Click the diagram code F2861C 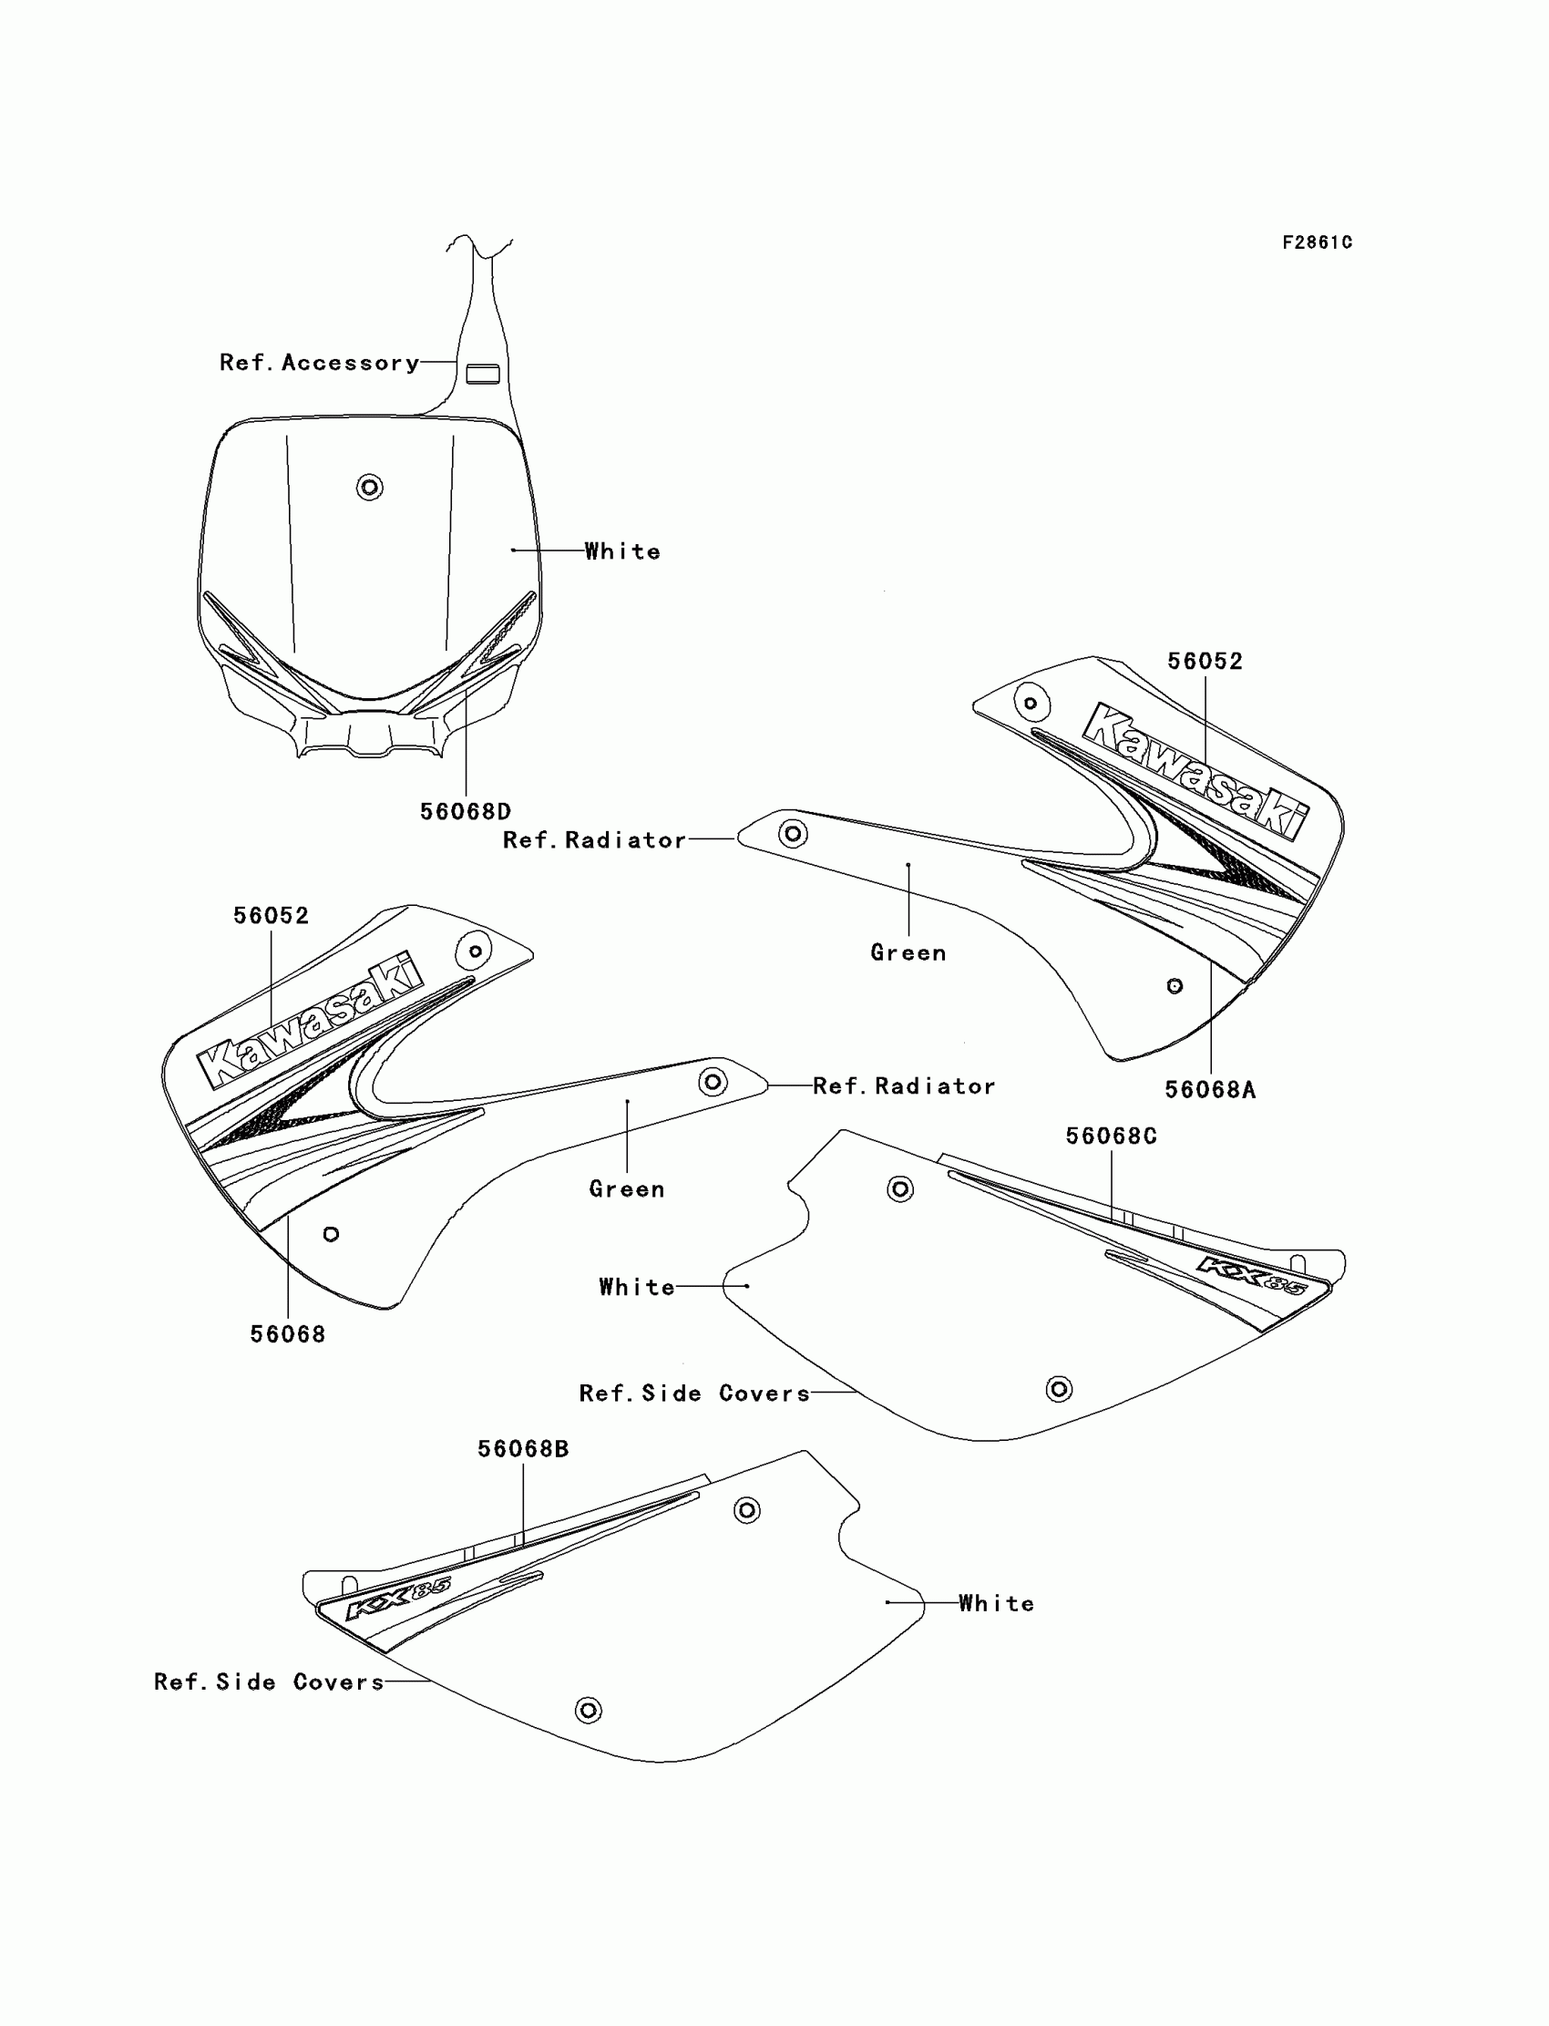click(1317, 242)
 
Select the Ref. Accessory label click(319, 363)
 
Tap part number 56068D click(465, 811)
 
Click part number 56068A click(1210, 1090)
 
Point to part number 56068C click(1111, 1136)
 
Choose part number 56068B click(523, 1449)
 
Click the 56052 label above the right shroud click(1205, 661)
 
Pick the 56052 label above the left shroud click(270, 916)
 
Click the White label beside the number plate click(622, 551)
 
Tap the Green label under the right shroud click(908, 952)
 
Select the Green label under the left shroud click(627, 1188)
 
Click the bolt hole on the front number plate click(370, 487)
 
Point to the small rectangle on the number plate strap click(482, 374)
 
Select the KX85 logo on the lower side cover click(397, 1599)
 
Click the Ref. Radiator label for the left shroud click(904, 1086)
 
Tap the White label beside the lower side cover click(996, 1604)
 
